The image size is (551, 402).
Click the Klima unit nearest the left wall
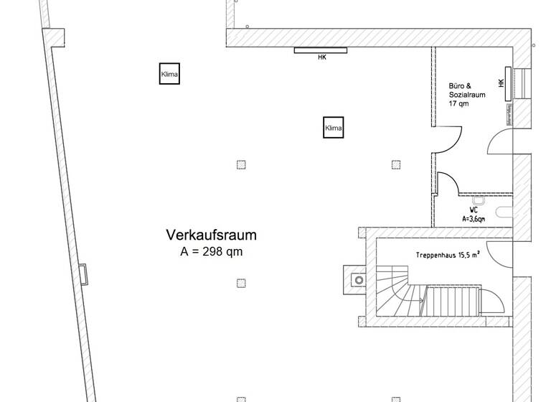(169, 74)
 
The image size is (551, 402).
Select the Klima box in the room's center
(333, 128)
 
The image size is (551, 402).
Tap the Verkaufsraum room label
(212, 235)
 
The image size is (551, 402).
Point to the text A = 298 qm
(211, 251)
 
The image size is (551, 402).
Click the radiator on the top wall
(321, 50)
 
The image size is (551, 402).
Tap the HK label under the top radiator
(321, 58)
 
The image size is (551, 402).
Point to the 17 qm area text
(459, 103)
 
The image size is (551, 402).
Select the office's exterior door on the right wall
(500, 142)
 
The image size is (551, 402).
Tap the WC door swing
(449, 184)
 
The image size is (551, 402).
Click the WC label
(474, 210)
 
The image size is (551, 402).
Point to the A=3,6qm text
(474, 218)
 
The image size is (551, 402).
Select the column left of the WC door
(395, 164)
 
